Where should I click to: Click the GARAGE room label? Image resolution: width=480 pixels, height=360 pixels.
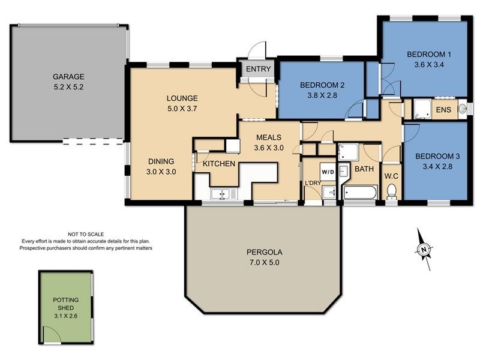[x=68, y=77]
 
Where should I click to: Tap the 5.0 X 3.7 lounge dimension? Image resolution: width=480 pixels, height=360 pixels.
[x=182, y=109]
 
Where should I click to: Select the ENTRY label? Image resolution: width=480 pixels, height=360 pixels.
[x=259, y=69]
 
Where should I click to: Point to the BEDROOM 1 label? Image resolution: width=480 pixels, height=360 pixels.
[x=429, y=55]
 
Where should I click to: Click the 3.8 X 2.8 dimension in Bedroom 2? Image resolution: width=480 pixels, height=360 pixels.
[x=322, y=95]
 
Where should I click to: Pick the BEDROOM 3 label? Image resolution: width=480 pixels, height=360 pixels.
[x=437, y=157]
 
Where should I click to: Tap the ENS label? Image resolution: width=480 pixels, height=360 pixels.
[x=443, y=110]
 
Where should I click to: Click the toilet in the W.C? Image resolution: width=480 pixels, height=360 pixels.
[x=392, y=191]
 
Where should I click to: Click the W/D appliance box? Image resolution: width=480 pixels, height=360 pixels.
[x=328, y=172]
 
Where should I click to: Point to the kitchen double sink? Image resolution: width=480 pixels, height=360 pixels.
[x=220, y=194]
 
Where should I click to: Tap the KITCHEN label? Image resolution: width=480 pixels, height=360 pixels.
[x=219, y=164]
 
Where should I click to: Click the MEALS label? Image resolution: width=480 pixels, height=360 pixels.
[x=269, y=137]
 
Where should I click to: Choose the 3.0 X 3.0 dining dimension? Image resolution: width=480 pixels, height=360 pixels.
[x=161, y=172]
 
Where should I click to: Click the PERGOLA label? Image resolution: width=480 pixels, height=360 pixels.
[x=265, y=252]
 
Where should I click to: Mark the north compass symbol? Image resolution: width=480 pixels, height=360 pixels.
[x=424, y=249]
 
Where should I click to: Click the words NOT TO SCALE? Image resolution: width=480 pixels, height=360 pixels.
[x=86, y=235]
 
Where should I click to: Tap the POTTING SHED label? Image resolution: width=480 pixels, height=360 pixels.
[x=66, y=304]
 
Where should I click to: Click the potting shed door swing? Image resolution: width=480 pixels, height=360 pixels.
[x=52, y=334]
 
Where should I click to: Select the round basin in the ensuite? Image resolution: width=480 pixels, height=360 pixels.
[x=462, y=109]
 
